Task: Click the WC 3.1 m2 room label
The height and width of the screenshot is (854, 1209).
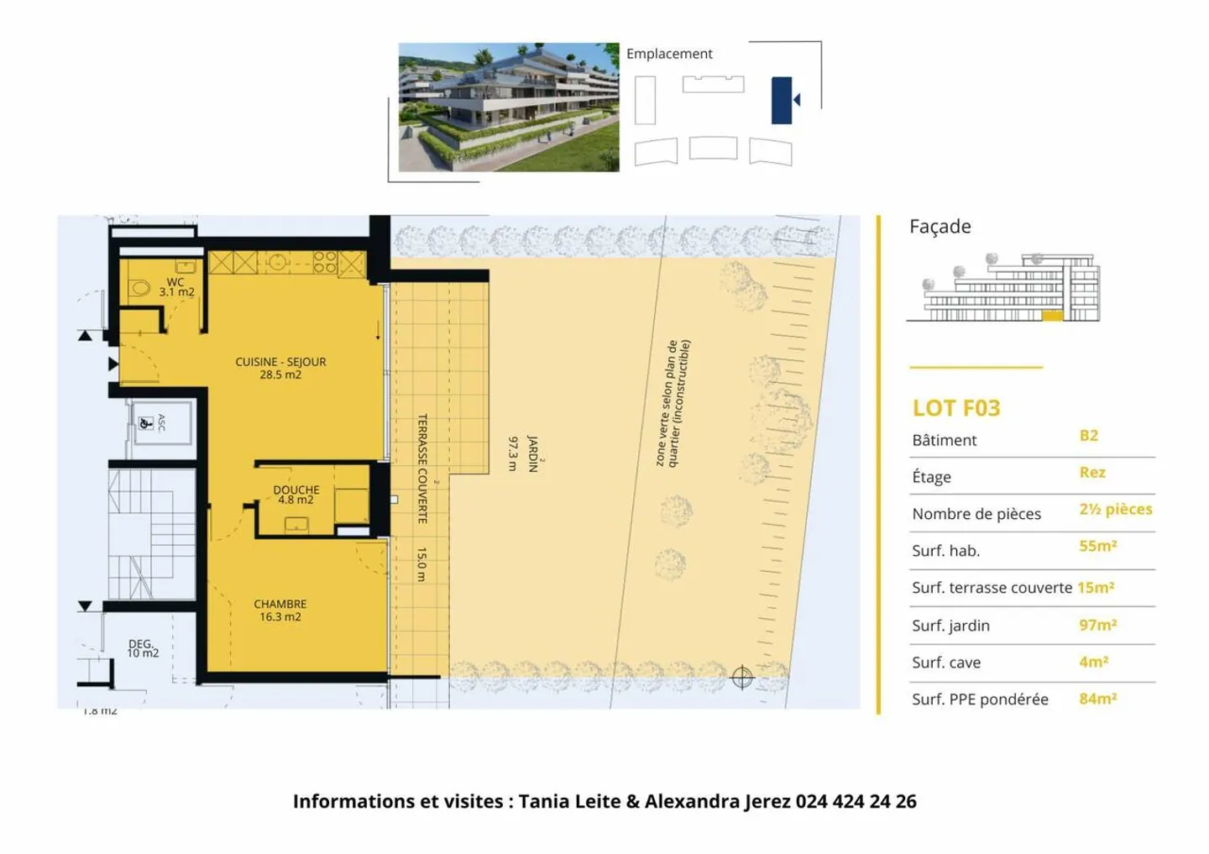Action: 176,287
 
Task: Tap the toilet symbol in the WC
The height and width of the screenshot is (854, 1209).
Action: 140,289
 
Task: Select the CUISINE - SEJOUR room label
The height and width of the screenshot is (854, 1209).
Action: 280,368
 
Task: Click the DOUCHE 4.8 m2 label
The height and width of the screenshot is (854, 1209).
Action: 296,495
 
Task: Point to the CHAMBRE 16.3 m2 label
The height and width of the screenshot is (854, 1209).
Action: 280,610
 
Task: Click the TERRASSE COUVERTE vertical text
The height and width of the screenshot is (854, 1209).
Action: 422,469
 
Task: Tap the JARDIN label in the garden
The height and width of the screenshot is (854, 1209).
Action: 531,453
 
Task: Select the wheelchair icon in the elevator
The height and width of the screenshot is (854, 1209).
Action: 145,422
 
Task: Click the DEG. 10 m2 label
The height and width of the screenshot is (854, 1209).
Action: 142,648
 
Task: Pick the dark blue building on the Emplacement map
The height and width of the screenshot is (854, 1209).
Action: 781,100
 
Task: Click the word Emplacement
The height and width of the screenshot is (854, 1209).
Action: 669,54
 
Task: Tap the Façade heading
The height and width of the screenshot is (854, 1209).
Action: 939,227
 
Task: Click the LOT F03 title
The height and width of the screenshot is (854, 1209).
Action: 956,408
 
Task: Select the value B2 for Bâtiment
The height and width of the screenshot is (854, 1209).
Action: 1088,436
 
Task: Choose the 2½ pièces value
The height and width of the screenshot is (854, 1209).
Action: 1115,510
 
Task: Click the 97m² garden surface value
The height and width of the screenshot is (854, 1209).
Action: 1097,625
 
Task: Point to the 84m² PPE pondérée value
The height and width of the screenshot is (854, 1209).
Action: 1097,699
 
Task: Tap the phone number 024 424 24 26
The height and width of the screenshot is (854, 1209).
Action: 856,801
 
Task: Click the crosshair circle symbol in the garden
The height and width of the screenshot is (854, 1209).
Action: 742,677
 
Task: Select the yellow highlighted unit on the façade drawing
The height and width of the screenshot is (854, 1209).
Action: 1052,316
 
